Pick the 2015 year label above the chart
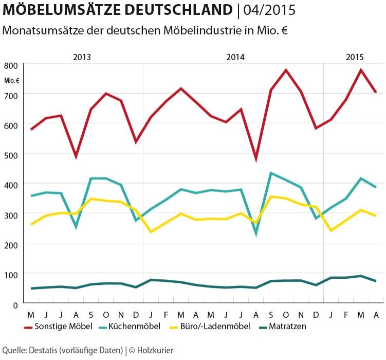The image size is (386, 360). point(354,57)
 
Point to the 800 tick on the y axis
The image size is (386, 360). point(11,66)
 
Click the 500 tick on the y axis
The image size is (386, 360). point(11,155)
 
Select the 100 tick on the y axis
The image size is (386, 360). point(11,275)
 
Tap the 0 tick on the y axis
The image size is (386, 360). point(15,304)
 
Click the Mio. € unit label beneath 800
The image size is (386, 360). point(11,80)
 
